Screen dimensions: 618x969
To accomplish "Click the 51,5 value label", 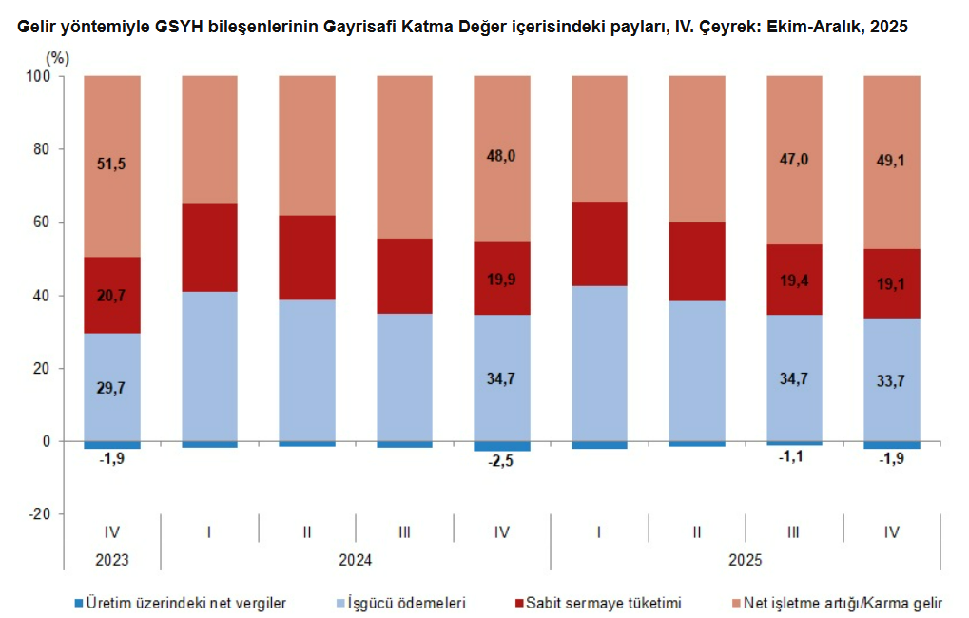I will click(x=111, y=164).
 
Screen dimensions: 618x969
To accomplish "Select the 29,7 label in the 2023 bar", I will click(x=111, y=387).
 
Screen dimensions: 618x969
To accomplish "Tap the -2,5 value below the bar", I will click(x=501, y=462).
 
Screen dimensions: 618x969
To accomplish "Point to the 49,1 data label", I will click(x=891, y=161).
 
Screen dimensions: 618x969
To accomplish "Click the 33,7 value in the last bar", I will click(x=891, y=387).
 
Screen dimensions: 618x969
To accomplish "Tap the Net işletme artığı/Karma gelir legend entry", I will click(x=842, y=603).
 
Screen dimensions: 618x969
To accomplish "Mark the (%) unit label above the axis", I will click(x=58, y=58).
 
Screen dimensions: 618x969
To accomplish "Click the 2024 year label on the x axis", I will click(x=355, y=560).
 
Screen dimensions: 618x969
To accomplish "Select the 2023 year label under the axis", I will click(x=111, y=560).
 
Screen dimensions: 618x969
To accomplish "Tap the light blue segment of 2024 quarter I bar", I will click(x=209, y=366).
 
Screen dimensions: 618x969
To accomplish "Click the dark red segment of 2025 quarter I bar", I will click(x=599, y=243).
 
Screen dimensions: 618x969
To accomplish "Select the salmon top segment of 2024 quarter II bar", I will click(x=306, y=145).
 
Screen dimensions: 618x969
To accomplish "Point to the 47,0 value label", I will click(x=794, y=160).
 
